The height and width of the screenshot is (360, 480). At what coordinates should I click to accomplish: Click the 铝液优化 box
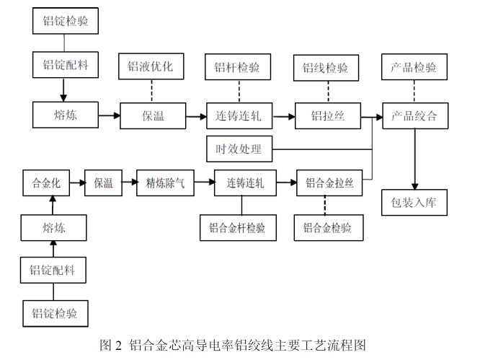pos(151,67)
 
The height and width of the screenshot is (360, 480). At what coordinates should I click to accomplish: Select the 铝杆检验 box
pos(237,67)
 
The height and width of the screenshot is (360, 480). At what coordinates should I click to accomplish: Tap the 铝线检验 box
pos(324,67)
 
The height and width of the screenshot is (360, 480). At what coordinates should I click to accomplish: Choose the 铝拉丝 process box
pos(324,115)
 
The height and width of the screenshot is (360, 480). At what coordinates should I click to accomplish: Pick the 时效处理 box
pos(239,150)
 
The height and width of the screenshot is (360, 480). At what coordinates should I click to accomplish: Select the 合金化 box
pos(46,183)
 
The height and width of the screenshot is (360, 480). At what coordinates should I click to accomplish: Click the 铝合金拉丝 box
pos(329,183)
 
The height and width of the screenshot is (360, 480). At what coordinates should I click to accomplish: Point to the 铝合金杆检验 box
pos(237,228)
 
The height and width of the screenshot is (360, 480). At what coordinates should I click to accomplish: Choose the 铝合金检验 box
pos(329,228)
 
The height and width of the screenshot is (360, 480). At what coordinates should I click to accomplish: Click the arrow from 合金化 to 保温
pos(78,183)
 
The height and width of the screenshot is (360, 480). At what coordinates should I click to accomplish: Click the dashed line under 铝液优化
pos(151,91)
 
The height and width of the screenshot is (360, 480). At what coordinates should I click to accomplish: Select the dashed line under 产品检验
pos(414,91)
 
